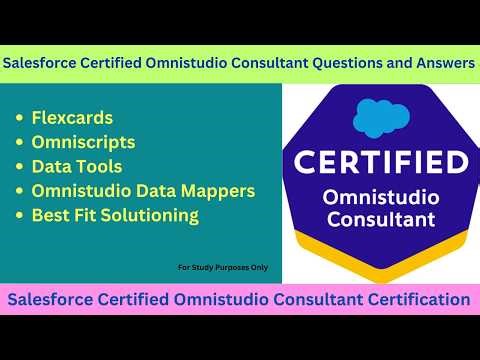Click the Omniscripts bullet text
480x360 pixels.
click(x=84, y=143)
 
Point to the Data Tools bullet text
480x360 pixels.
click(x=79, y=167)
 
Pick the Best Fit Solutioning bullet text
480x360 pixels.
click(x=115, y=215)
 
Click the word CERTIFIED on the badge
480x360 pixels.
click(x=380, y=161)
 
